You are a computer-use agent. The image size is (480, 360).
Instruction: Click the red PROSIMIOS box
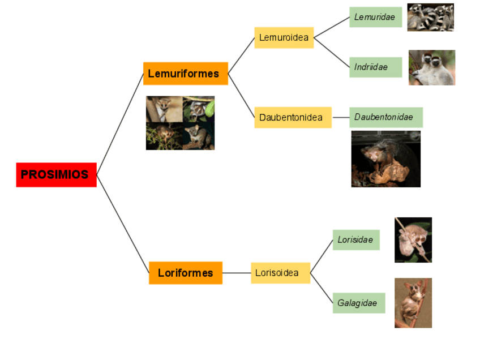[x=56, y=174]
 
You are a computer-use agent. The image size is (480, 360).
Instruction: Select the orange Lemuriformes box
[x=185, y=74]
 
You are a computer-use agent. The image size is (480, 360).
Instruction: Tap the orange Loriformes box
[x=186, y=273]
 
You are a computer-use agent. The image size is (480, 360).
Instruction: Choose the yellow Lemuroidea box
[x=284, y=38]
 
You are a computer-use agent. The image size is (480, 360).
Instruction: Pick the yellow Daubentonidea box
[x=292, y=117]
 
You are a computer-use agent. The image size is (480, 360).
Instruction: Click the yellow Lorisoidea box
[x=281, y=273]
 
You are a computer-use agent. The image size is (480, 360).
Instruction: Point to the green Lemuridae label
[x=375, y=17]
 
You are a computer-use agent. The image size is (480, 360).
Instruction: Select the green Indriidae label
[x=375, y=67]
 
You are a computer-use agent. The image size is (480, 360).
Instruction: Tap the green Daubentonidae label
[x=385, y=117]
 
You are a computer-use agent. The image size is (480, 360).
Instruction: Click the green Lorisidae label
[x=355, y=239]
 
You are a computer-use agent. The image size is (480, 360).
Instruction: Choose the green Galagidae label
[x=358, y=303]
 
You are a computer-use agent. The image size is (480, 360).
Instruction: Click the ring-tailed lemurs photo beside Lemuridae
[x=431, y=17]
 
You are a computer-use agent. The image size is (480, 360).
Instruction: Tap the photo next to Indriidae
[x=432, y=67]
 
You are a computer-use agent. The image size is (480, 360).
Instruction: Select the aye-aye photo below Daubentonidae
[x=385, y=159]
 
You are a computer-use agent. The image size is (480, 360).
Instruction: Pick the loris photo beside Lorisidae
[x=413, y=239]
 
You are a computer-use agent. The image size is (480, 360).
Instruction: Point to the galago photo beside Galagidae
[x=413, y=302]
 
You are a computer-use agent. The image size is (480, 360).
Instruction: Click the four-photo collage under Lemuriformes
[x=180, y=123]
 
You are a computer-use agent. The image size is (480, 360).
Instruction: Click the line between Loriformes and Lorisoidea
[x=237, y=273]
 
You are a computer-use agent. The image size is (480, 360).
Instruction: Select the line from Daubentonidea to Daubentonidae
[x=340, y=117]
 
